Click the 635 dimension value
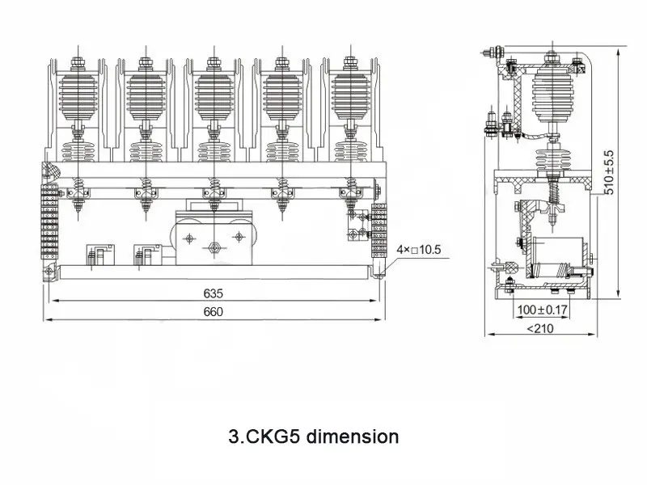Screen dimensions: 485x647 click(x=213, y=293)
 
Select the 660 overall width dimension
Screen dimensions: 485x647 click(x=213, y=312)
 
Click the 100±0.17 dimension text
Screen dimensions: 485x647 click(x=541, y=309)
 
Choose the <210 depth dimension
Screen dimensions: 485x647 click(x=541, y=328)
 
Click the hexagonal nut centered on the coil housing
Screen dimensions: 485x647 click(x=214, y=248)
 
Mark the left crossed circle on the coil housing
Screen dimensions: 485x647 click(x=189, y=238)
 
